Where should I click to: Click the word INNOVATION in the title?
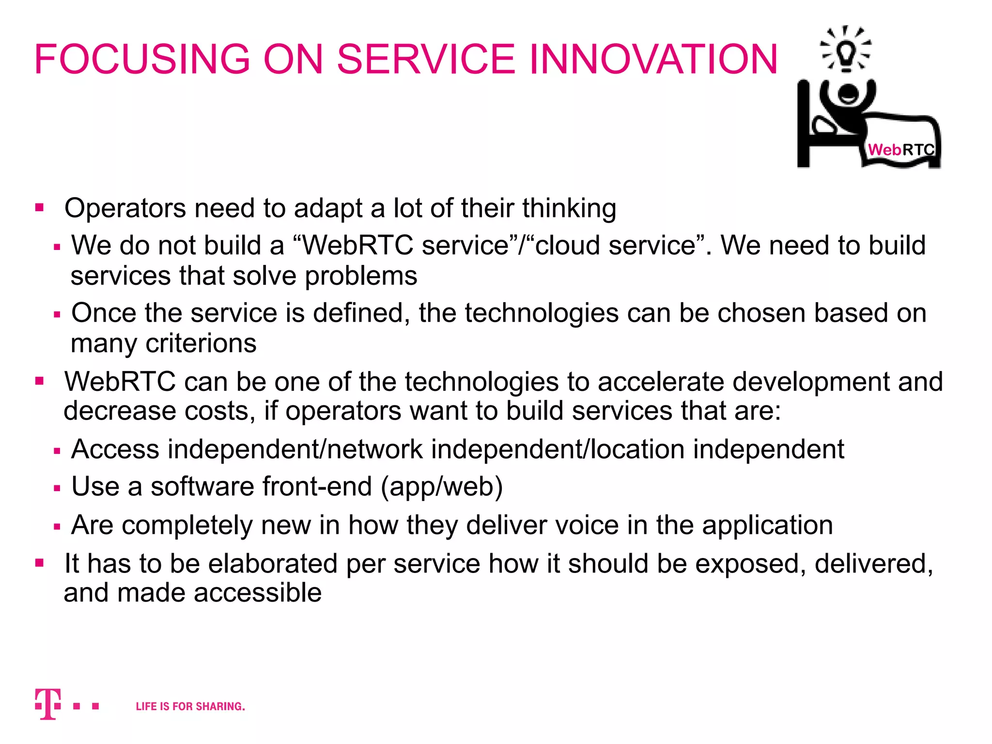pos(653,59)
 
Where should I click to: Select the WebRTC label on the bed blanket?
pos(901,150)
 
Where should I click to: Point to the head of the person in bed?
pos(848,94)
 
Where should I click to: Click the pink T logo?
pos(48,704)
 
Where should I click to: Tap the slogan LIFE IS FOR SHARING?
pos(190,706)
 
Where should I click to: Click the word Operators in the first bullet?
pos(125,208)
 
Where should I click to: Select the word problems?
pos(361,276)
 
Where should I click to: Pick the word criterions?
pos(201,343)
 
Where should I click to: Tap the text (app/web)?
pos(442,486)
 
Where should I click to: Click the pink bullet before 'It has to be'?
pos(40,563)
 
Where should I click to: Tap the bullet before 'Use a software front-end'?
pos(57,488)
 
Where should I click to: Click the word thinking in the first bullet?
pos(569,208)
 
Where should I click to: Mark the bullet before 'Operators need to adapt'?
pos(40,208)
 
